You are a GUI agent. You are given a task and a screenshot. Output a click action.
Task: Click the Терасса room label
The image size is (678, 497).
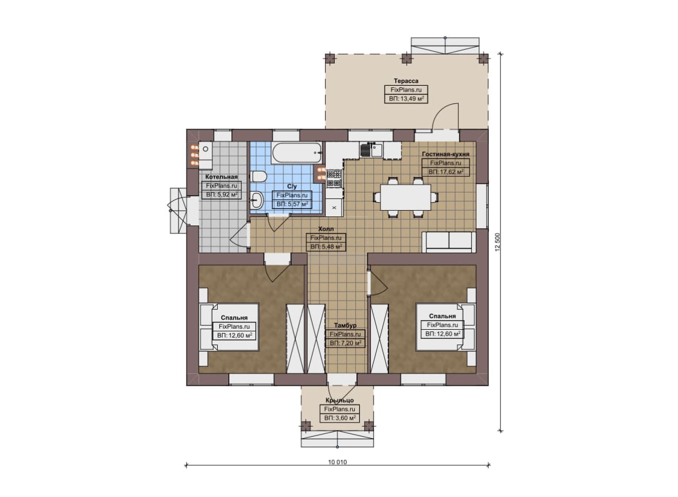(406, 81)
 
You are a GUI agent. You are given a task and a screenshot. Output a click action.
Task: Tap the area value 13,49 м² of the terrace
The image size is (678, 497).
(406, 98)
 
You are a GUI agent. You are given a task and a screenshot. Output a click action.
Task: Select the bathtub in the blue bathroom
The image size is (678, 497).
(297, 153)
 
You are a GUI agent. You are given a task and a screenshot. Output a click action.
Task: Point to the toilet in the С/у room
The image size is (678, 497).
(258, 176)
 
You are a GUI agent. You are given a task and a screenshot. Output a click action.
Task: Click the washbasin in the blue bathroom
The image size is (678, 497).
(257, 200)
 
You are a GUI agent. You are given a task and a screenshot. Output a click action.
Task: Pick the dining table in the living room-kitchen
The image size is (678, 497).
(406, 197)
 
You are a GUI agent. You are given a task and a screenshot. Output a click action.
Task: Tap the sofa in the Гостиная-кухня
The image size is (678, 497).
(449, 242)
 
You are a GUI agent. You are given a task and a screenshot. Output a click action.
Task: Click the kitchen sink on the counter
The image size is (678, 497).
(371, 150)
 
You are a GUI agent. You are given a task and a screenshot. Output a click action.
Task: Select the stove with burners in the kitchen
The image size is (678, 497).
(334, 178)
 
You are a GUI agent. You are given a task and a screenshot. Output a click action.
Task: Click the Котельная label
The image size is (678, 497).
(221, 177)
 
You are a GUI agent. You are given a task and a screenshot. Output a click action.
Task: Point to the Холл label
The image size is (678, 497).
(326, 229)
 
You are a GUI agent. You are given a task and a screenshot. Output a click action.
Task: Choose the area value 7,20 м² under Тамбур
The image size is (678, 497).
(345, 343)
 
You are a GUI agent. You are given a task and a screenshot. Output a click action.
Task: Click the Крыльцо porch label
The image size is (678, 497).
(340, 400)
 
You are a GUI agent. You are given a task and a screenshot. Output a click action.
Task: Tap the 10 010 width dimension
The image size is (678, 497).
(337, 462)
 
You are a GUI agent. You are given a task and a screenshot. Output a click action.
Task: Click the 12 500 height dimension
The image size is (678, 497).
(497, 242)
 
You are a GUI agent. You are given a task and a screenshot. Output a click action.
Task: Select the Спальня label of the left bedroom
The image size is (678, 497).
(234, 318)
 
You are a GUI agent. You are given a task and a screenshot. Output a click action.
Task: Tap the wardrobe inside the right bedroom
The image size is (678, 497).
(380, 339)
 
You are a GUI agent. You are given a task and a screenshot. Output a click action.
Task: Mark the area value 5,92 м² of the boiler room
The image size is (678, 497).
(221, 194)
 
